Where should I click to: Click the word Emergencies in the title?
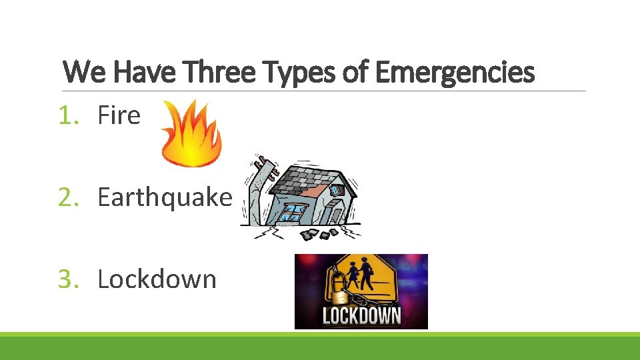pyautogui.click(x=455, y=73)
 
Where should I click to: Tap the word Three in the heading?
pyautogui.click(x=221, y=73)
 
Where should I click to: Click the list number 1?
pyautogui.click(x=67, y=116)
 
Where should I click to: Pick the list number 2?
pyautogui.click(x=67, y=197)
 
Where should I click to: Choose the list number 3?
pyautogui.click(x=67, y=279)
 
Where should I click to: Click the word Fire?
pyautogui.click(x=119, y=116)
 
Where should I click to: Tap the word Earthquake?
pyautogui.click(x=165, y=197)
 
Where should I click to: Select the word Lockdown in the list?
pyautogui.click(x=157, y=279)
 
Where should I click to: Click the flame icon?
pyautogui.click(x=192, y=134)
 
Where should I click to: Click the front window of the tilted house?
pyautogui.click(x=291, y=213)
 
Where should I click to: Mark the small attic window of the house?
pyautogui.click(x=335, y=189)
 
